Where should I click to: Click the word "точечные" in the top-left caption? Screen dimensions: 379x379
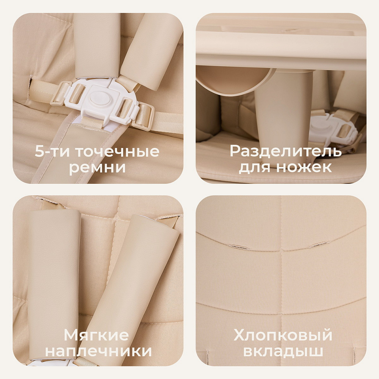tap(117, 152)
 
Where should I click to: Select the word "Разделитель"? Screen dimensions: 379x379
tap(285, 152)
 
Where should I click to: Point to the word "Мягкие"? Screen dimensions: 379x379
tap(96, 335)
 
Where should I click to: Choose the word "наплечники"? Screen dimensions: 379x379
tap(99, 351)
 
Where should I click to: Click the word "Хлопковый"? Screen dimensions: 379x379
tap(283, 335)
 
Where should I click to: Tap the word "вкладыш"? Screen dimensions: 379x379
tap(283, 351)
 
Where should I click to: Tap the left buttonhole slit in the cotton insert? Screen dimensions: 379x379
tap(239, 247)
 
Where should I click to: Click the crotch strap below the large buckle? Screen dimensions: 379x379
tap(72, 152)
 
